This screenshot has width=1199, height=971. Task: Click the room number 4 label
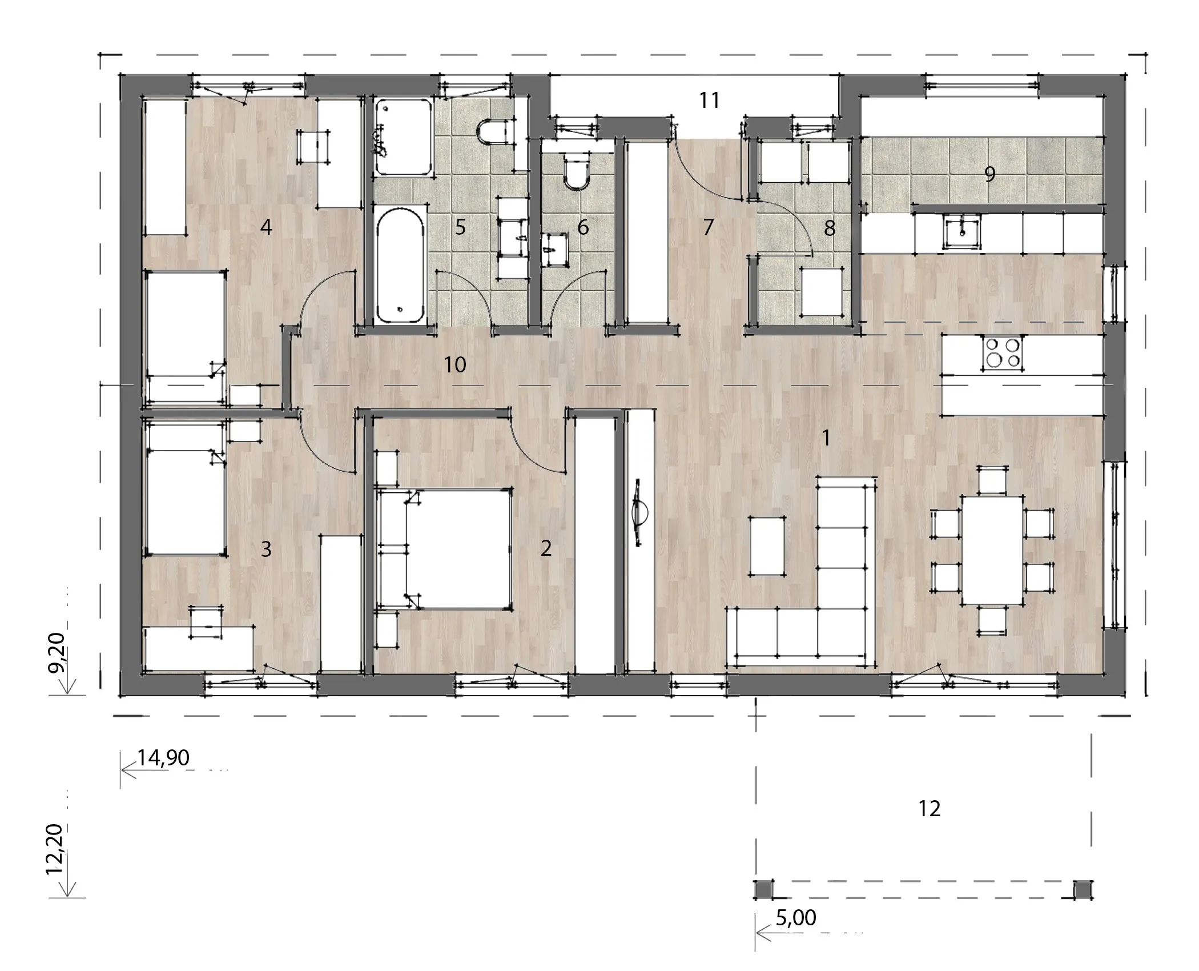coord(265,227)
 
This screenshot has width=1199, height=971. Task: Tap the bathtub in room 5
coord(401,266)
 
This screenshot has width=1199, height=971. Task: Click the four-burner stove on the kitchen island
coord(1003,352)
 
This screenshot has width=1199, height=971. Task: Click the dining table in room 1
coord(992,550)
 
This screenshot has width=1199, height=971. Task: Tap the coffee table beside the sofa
coord(766,545)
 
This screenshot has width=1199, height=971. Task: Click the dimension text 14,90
coord(163,758)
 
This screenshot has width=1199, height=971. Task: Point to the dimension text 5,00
coord(796,917)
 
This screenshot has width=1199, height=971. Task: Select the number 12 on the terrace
coord(930,809)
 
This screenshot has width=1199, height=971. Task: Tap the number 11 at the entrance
coord(710,101)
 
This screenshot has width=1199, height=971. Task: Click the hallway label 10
coord(455,364)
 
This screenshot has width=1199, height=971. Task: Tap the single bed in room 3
coord(184,487)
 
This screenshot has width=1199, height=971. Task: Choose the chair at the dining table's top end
coord(992,480)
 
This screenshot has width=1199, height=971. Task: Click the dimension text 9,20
coord(55,653)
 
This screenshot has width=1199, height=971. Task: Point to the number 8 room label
coord(830,228)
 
